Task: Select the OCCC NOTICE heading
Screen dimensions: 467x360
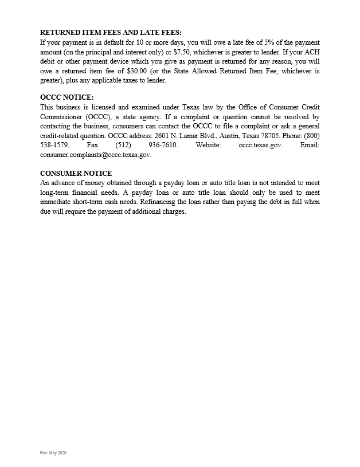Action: pyautogui.click(x=66, y=97)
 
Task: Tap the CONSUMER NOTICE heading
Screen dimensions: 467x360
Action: pyautogui.click(x=76, y=174)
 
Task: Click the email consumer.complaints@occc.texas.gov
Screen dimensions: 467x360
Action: pyautogui.click(x=96, y=155)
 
